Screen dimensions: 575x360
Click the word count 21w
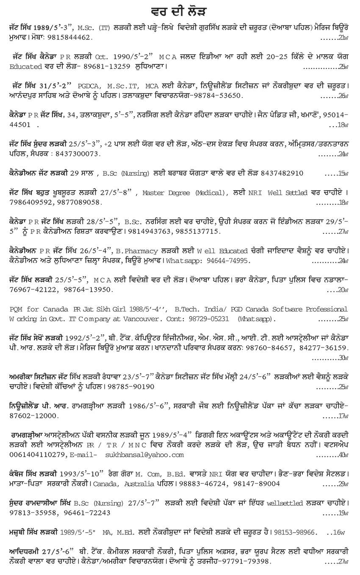pyautogui.click(x=343, y=37)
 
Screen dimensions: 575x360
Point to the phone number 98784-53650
pyautogui.click(x=215, y=96)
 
